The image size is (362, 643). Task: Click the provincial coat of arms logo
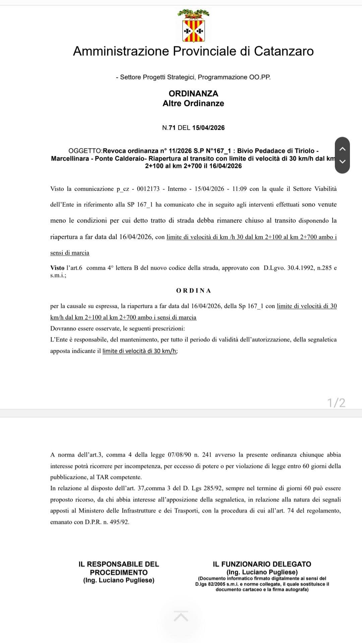click(x=193, y=27)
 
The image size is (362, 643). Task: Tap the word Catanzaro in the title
click(x=284, y=51)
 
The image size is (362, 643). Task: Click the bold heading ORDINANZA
click(x=193, y=93)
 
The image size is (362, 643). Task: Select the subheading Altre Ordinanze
click(x=193, y=103)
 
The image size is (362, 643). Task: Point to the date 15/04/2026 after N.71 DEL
click(x=208, y=128)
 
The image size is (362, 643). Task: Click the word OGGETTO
click(x=85, y=151)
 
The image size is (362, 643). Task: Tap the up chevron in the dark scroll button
click(x=342, y=149)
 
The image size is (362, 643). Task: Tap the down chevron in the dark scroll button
click(x=342, y=161)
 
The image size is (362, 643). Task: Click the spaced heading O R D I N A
click(x=193, y=290)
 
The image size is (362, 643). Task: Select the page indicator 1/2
click(x=336, y=403)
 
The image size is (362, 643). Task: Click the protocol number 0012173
click(x=148, y=189)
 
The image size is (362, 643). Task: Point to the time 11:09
click(x=239, y=189)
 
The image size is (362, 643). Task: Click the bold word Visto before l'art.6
click(x=57, y=268)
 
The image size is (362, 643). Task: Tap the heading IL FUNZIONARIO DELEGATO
click(x=262, y=564)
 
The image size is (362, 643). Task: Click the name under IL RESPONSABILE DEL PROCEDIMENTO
click(x=119, y=580)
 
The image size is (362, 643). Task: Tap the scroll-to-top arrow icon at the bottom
click(x=181, y=616)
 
